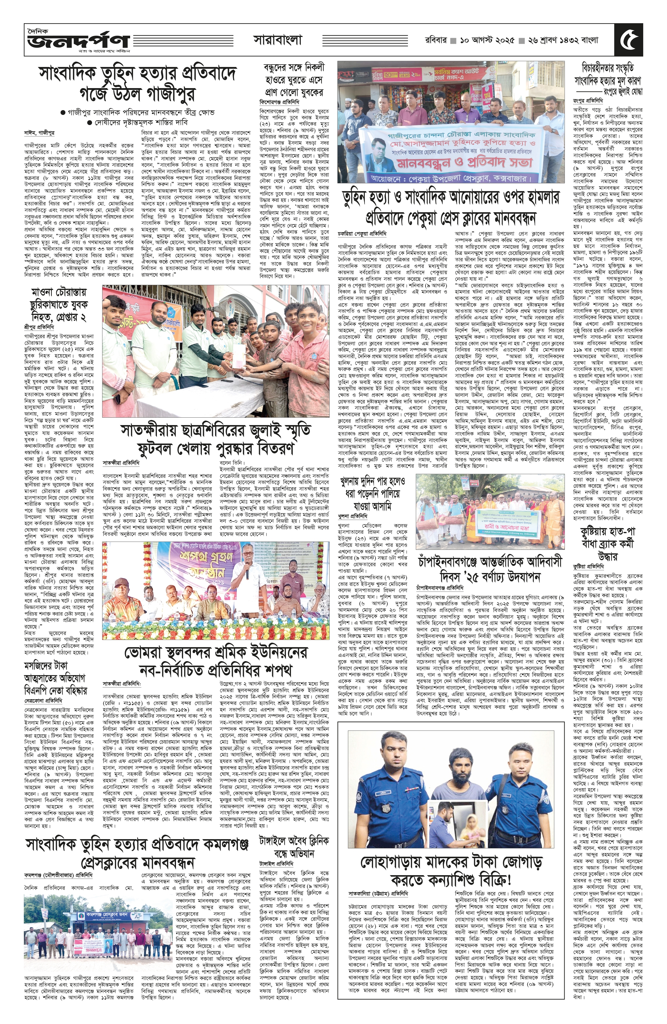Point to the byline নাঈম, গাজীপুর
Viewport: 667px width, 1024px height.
click(x=40, y=132)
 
